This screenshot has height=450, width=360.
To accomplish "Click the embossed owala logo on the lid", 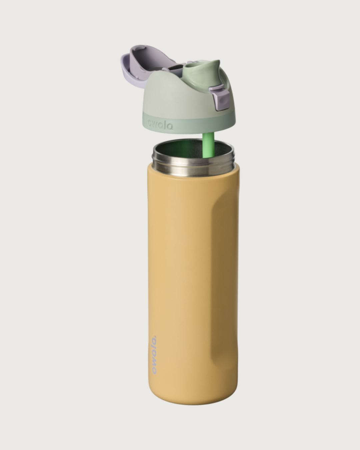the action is click(160, 125).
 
